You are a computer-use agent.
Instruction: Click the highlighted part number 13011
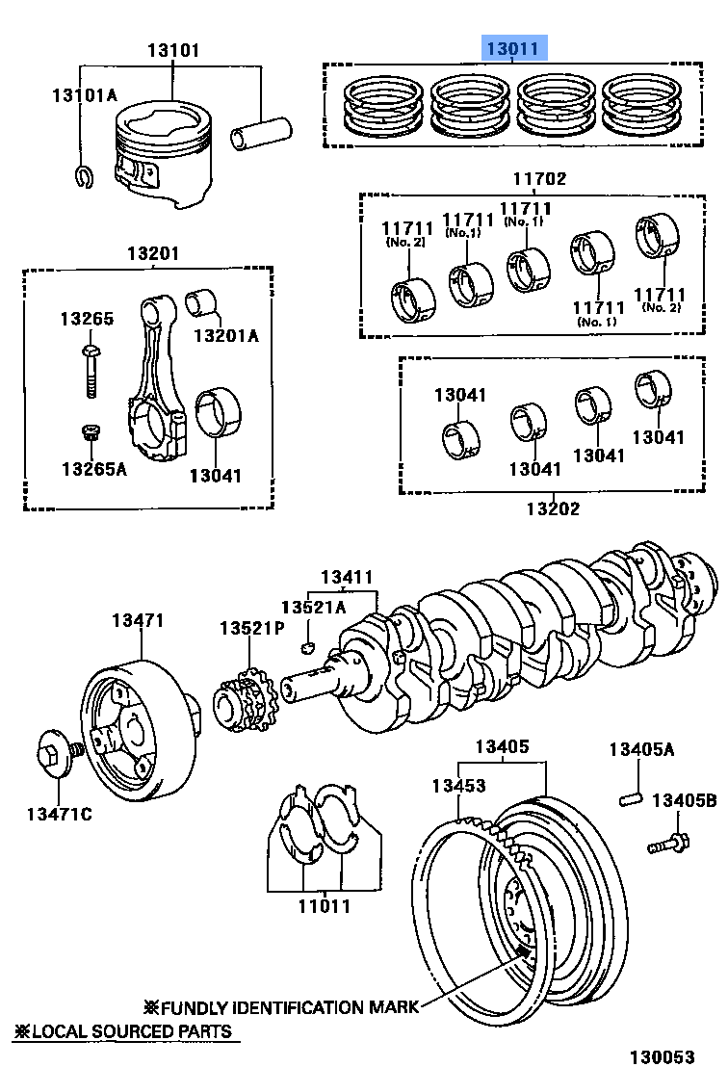[515, 48]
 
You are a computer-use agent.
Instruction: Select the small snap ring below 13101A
[83, 174]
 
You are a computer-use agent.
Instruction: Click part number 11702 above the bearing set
[538, 178]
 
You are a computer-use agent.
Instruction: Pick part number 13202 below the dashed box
[552, 507]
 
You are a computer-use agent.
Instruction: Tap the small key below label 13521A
[309, 644]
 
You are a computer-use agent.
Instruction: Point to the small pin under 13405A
[632, 798]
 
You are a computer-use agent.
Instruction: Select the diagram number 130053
[662, 1055]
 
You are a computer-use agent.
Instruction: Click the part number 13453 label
[457, 786]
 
